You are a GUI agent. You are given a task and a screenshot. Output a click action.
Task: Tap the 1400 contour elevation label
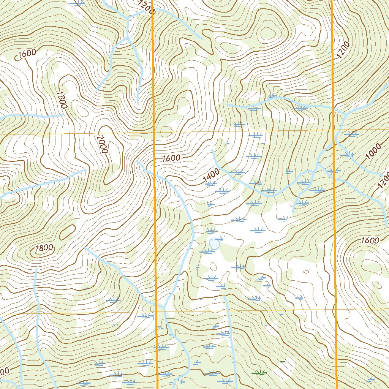[x=211, y=175]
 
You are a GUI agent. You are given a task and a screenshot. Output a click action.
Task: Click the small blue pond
[x=215, y=244]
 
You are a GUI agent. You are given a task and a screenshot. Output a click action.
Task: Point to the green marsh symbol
[x=260, y=373]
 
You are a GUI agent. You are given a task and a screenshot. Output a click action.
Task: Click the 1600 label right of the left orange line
[x=171, y=158]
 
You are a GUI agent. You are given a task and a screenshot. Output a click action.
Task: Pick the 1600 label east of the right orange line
[x=370, y=240]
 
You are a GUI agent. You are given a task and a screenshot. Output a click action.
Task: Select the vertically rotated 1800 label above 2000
[x=61, y=100]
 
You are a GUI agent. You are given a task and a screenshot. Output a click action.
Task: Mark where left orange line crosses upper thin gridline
[x=154, y=133]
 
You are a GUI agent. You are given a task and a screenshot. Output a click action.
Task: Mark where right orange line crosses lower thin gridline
[x=336, y=309]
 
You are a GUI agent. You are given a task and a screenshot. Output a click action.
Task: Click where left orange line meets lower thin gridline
[x=157, y=311]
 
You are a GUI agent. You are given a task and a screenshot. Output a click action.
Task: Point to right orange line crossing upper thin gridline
[x=333, y=130]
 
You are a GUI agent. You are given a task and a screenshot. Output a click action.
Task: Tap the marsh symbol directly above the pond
[x=211, y=231]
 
